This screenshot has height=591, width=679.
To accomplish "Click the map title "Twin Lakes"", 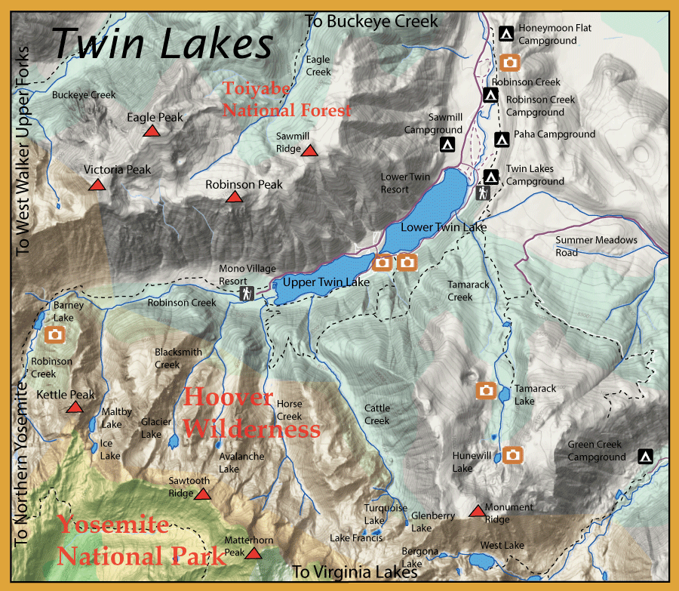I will click(162, 43).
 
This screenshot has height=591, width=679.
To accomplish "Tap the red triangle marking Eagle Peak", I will click(152, 131).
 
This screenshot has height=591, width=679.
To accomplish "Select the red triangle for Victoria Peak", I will click(97, 185).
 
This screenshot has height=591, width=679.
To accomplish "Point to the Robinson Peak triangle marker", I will click(234, 198).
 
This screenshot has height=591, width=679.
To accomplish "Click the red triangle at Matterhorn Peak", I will click(253, 554).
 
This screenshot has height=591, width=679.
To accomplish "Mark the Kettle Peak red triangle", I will click(74, 408).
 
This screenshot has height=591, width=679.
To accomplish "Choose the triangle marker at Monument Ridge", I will click(477, 512).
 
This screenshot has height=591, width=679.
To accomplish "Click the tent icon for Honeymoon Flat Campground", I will click(507, 33).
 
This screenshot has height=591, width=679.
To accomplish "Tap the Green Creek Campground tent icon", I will click(645, 456).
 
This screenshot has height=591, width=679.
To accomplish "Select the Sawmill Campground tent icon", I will click(447, 143).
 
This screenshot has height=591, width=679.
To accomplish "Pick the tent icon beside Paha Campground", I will click(502, 139).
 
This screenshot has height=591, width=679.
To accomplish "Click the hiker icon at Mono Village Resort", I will click(245, 294).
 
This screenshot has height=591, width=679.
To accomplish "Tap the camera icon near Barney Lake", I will click(54, 334).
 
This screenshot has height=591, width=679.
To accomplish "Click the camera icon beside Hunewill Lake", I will click(512, 454).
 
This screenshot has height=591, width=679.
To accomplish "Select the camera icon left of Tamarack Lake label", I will click(486, 390).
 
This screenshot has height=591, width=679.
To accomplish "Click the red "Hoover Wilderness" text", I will click(251, 413).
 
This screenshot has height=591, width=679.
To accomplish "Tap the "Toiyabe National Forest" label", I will click(287, 100).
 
